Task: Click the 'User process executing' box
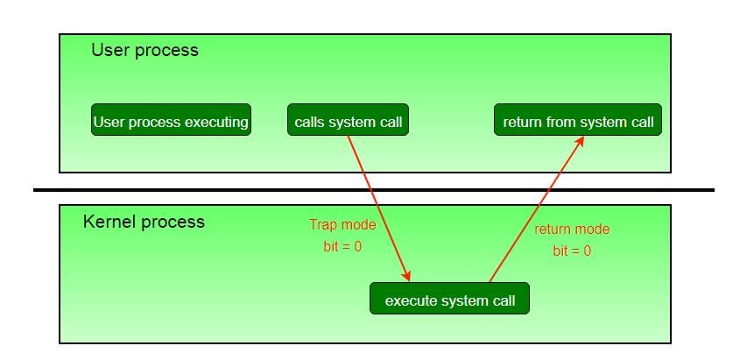pyautogui.click(x=171, y=121)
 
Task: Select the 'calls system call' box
pyautogui.click(x=348, y=121)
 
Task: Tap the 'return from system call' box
pyautogui.click(x=577, y=121)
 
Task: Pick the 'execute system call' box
pyautogui.click(x=449, y=300)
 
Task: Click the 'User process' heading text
pyautogui.click(x=144, y=50)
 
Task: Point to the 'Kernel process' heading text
pyautogui.click(x=144, y=222)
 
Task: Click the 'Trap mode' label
pyautogui.click(x=342, y=225)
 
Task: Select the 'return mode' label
pyautogui.click(x=572, y=229)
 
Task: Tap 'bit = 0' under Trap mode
pyautogui.click(x=342, y=247)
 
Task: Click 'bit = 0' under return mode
pyautogui.click(x=572, y=251)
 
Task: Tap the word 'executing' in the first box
pyautogui.click(x=216, y=122)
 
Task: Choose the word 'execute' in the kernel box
pyautogui.click(x=410, y=301)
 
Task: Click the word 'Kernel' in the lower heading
pyautogui.click(x=107, y=222)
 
